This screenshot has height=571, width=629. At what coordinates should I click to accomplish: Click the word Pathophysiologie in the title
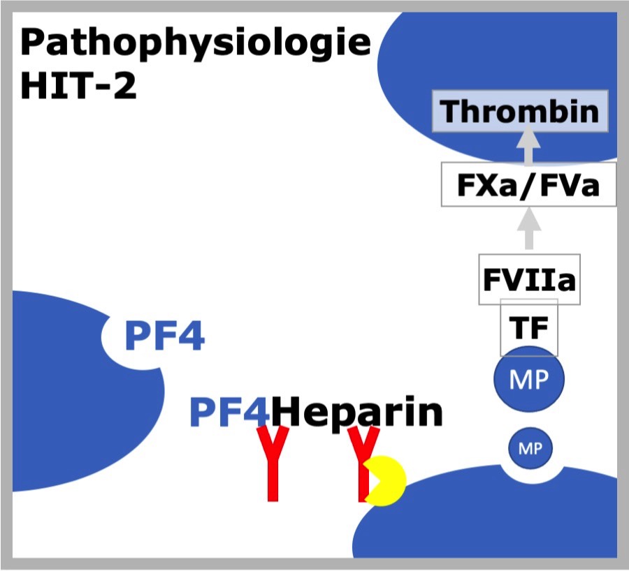coord(196,44)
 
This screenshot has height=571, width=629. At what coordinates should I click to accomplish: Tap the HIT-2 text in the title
coord(78,86)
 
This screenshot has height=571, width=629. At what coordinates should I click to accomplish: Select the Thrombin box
coord(520,111)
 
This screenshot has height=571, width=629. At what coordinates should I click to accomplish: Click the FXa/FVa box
coord(529,184)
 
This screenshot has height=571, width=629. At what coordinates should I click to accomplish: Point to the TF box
coord(529,327)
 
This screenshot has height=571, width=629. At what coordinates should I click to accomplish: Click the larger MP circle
coord(529,379)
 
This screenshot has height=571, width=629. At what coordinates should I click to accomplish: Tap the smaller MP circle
coord(530,448)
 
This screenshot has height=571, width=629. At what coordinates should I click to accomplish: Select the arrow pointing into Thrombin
coord(528,145)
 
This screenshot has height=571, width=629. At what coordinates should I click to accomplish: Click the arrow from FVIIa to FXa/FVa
coord(529,228)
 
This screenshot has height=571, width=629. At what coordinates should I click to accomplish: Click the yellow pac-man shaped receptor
coord(385,481)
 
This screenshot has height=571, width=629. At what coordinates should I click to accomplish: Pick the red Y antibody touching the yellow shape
coord(363,464)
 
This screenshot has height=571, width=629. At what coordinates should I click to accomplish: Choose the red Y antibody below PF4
coord(273,464)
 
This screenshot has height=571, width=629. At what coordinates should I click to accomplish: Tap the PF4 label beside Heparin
coord(229,412)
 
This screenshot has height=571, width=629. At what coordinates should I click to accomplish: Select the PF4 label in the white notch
coord(165,336)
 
